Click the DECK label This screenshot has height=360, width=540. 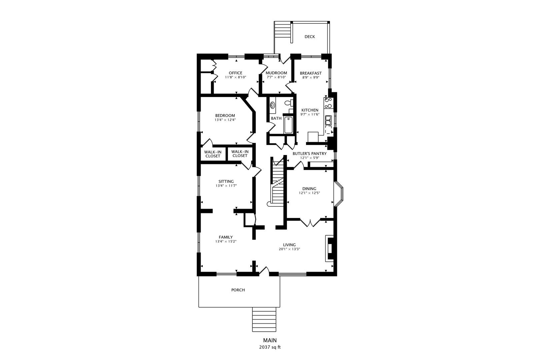(309, 37)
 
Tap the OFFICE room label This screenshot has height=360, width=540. (235, 73)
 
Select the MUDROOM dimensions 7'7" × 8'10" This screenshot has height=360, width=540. (276, 77)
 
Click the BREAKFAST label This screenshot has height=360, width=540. (310, 73)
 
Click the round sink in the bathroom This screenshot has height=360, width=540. (273, 105)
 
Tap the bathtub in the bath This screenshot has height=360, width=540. (288, 125)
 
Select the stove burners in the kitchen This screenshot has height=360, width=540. (328, 103)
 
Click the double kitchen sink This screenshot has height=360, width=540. (328, 120)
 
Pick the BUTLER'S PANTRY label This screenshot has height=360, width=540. (309, 154)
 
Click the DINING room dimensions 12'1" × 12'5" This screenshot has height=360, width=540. (309, 193)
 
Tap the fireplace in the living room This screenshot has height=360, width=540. (329, 248)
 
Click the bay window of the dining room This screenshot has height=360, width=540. (339, 194)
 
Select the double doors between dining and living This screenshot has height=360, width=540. (310, 223)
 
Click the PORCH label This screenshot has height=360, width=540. (238, 290)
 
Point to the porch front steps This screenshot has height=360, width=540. (264, 319)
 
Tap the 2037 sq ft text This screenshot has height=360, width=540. (270, 347)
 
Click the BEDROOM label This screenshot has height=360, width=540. (225, 116)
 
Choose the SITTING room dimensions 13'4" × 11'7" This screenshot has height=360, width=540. (226, 186)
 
